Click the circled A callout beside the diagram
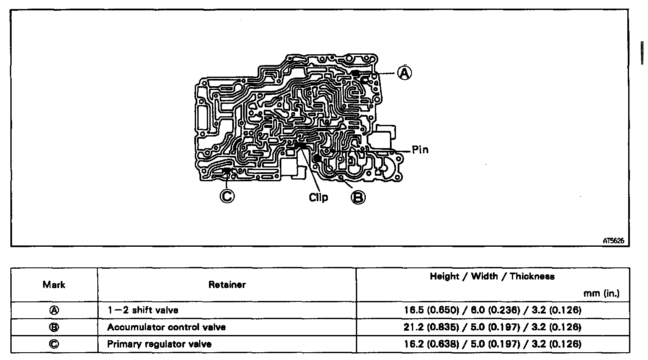(404, 73)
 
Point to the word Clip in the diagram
(318, 197)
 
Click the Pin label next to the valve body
(420, 150)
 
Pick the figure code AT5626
(614, 242)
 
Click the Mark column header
(54, 285)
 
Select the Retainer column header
(227, 285)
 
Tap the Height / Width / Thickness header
(492, 276)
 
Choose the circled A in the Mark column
(54, 310)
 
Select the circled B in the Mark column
(54, 327)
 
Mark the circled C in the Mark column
(54, 344)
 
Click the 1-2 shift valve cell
(143, 310)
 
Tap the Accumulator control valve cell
(166, 327)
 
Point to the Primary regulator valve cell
(159, 344)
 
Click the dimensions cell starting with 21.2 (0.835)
(492, 327)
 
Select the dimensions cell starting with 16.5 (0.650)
(492, 310)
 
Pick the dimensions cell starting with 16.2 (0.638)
(492, 344)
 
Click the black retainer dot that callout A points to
(355, 74)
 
